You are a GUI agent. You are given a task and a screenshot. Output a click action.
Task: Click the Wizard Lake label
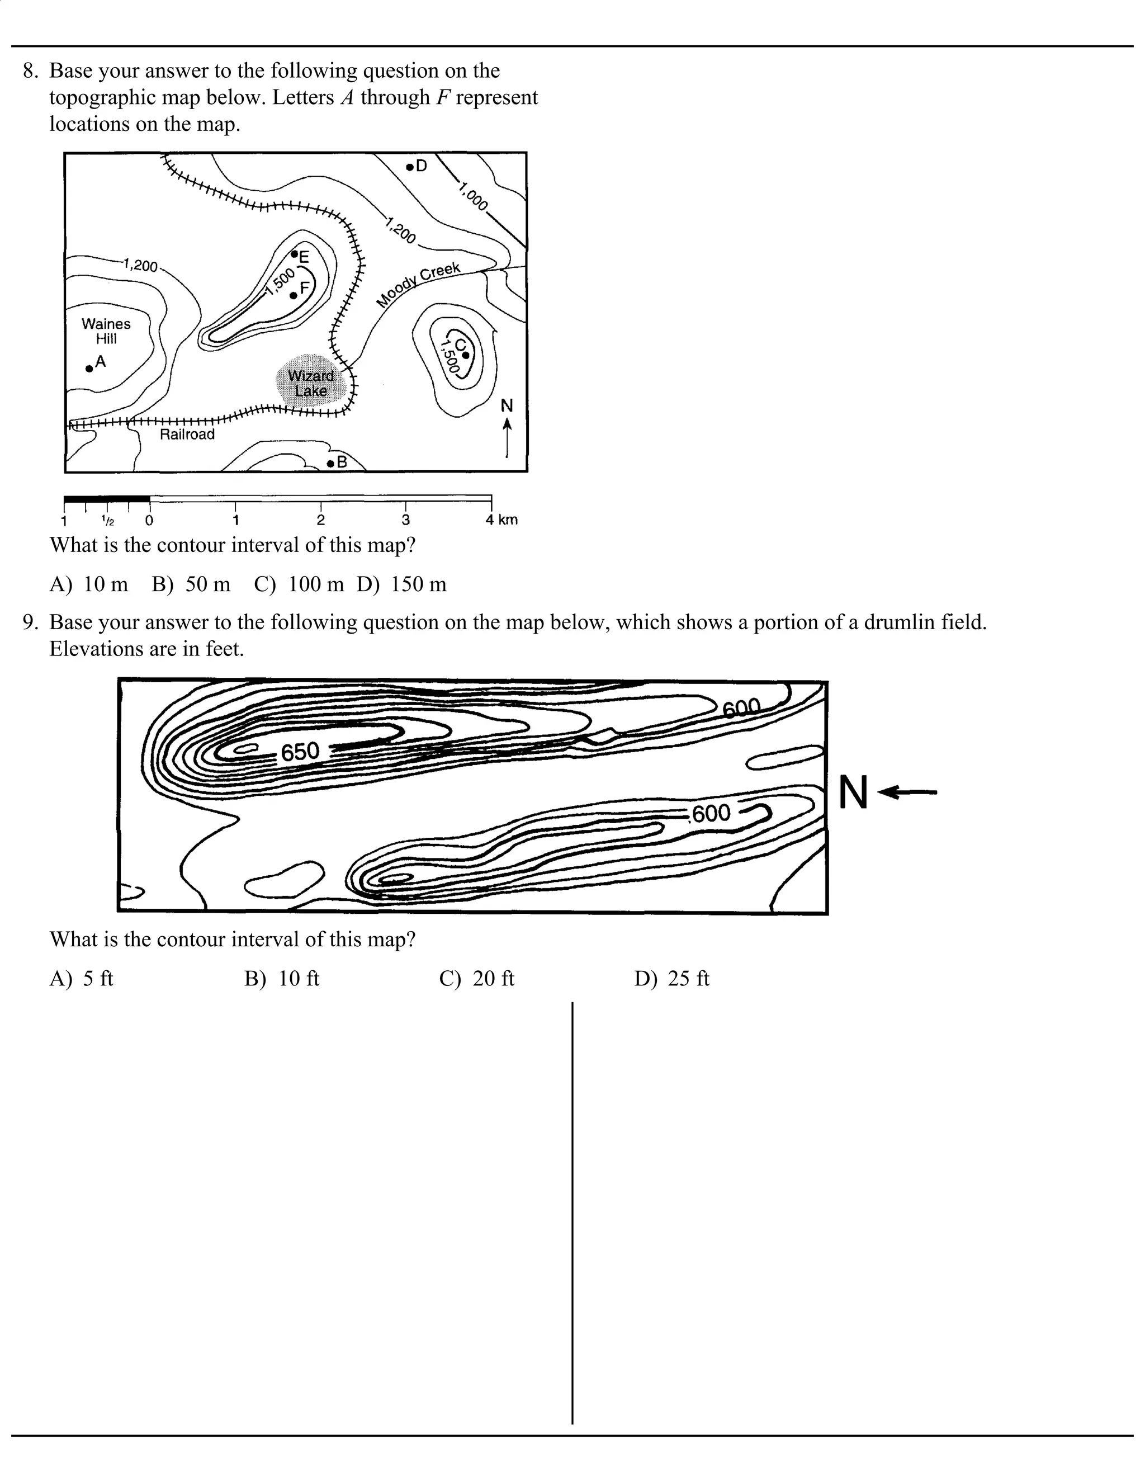[311, 384]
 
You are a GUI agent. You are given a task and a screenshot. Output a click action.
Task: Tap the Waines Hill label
[106, 331]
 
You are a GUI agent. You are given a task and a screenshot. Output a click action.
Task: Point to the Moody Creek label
[419, 284]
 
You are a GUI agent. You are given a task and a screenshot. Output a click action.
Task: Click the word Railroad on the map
[187, 435]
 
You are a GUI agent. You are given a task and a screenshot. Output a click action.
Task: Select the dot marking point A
[89, 369]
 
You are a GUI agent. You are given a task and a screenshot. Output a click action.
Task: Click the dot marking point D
[410, 166]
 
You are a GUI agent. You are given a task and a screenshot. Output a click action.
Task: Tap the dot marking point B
[330, 464]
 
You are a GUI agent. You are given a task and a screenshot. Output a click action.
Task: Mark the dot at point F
[293, 295]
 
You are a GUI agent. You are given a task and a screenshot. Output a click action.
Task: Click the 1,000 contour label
[473, 197]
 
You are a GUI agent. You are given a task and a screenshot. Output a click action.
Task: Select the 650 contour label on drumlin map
[300, 752]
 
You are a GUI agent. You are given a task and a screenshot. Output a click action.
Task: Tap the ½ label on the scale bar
[107, 521]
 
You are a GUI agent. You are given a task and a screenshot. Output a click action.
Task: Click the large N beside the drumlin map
[853, 792]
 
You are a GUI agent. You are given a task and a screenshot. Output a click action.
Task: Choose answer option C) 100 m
[299, 584]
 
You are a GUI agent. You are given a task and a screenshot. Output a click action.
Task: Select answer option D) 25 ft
[671, 979]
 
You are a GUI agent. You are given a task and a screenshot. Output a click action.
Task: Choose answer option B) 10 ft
[282, 979]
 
